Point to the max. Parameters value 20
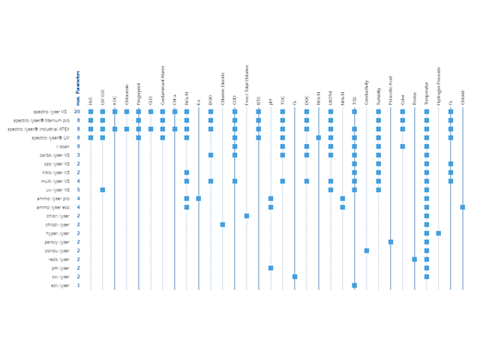pyautogui.click(x=77, y=112)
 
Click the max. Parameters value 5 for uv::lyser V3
pyautogui.click(x=78, y=190)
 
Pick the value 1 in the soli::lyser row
pyautogui.click(x=78, y=285)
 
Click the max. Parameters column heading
pyautogui.click(x=78, y=87)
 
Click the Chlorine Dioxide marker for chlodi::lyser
pyautogui.click(x=223, y=224)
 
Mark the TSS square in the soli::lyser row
pyautogui.click(x=355, y=285)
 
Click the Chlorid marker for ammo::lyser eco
pyautogui.click(x=463, y=207)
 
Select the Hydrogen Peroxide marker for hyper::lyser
pyautogui.click(x=439, y=233)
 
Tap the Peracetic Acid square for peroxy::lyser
pyautogui.click(x=391, y=241)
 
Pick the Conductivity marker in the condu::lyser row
pyautogui.click(x=367, y=250)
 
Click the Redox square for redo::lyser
pyautogui.click(x=415, y=259)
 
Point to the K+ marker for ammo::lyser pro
pyautogui.click(x=199, y=198)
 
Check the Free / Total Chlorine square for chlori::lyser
pyautogui.click(x=247, y=215)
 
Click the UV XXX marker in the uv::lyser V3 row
pyautogui.click(x=103, y=190)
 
